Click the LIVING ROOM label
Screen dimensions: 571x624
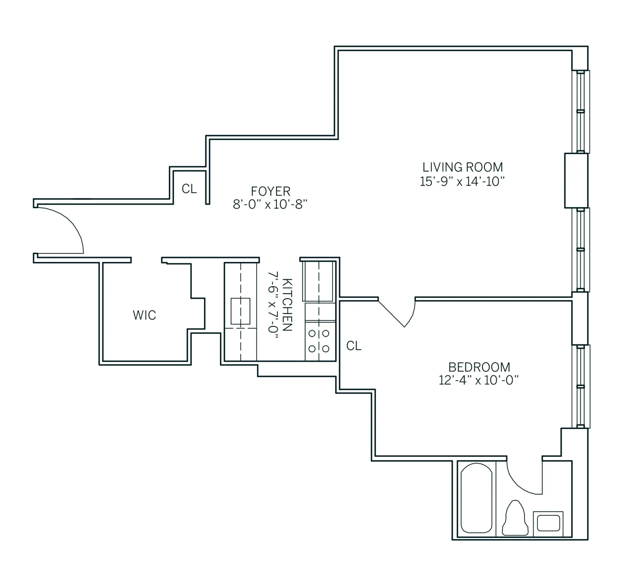[x=462, y=167]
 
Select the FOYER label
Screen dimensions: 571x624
[x=270, y=191]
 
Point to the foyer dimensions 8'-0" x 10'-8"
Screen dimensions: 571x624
[x=270, y=205]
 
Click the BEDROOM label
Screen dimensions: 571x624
[x=479, y=367]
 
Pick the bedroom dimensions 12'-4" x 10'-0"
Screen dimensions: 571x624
[x=478, y=381]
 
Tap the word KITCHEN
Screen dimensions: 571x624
[x=287, y=305]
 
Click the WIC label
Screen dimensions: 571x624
[x=144, y=315]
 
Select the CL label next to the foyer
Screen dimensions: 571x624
[x=189, y=189]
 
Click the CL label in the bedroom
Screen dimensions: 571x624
[x=354, y=346]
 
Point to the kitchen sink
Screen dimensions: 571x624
[x=240, y=311]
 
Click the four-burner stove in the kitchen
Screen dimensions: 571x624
[x=319, y=341]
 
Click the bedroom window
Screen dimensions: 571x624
[x=580, y=387]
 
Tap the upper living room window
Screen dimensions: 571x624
[x=580, y=111]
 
